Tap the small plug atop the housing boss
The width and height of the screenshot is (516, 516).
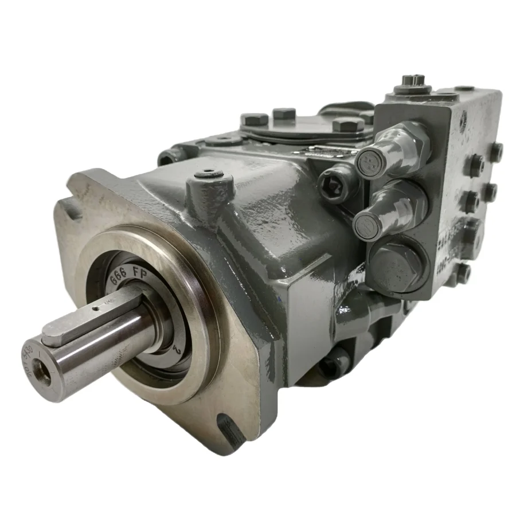205,172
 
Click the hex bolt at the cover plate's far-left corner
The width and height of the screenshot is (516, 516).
254,120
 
